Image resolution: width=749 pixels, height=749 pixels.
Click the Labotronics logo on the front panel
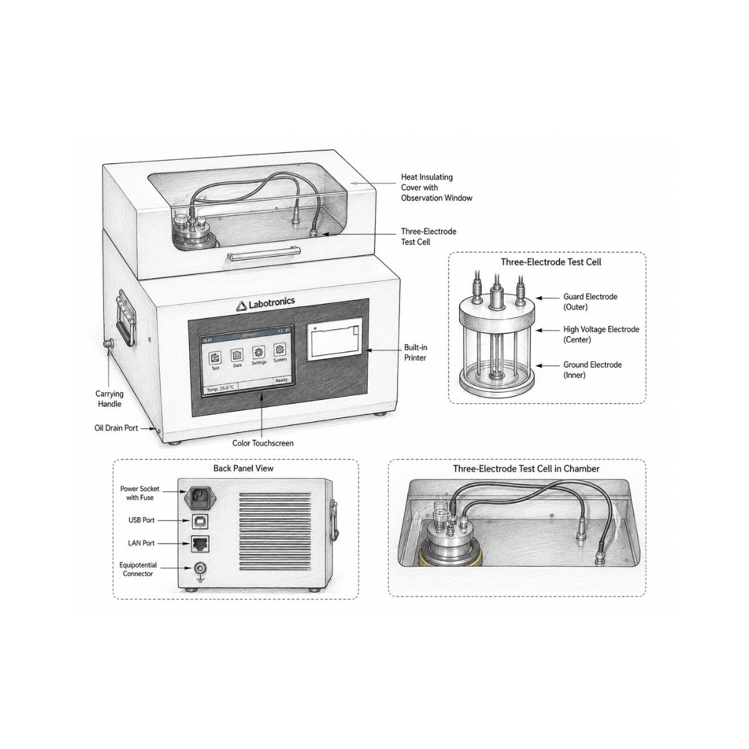[265, 303]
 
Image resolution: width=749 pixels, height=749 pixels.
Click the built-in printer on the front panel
[335, 339]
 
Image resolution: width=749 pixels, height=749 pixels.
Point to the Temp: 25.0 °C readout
[220, 388]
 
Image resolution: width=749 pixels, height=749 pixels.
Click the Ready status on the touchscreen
[281, 379]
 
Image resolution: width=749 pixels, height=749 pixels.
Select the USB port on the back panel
[200, 521]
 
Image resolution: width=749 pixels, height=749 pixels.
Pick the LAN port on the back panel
[200, 544]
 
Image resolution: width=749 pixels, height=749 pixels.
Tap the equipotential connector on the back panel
[200, 569]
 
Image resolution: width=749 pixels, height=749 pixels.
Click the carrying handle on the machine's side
[125, 317]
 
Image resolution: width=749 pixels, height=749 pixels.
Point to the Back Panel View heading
[243, 468]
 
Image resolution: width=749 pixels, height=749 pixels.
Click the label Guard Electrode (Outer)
[590, 301]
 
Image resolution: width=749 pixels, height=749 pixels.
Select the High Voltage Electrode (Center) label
[601, 335]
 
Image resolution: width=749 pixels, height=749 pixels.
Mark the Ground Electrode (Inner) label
[592, 370]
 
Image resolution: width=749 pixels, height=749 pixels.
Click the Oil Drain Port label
[116, 428]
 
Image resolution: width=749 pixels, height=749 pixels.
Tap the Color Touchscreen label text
[263, 443]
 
